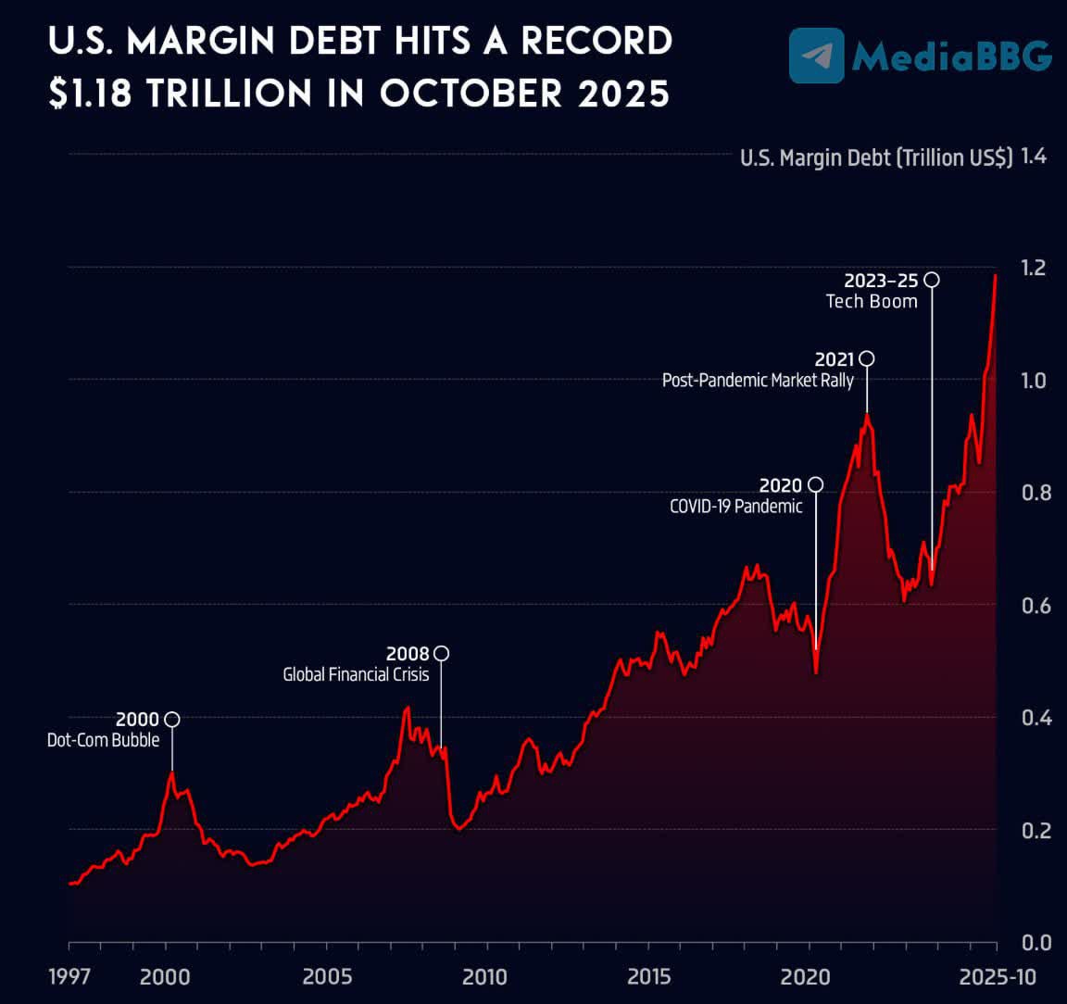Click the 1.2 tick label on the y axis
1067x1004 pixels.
[1034, 268]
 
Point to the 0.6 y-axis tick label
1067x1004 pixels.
[1034, 606]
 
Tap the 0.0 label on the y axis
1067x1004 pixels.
[1034, 943]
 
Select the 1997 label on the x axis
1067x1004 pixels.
[69, 976]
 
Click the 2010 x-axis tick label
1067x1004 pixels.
[484, 976]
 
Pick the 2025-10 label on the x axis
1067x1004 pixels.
[997, 976]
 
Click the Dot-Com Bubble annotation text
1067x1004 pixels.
[104, 740]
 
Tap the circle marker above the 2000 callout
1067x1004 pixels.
[171, 720]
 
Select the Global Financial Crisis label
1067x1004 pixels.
[356, 674]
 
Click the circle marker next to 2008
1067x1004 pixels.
[441, 654]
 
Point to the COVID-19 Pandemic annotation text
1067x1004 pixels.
[736, 506]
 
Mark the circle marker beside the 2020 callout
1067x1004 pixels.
[815, 484]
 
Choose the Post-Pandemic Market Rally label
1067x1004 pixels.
[758, 380]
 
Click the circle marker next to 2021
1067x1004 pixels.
[867, 358]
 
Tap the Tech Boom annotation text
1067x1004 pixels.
[872, 301]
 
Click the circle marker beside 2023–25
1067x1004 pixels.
[932, 280]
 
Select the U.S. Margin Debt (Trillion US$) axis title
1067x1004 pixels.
[876, 157]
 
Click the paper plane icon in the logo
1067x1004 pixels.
[817, 56]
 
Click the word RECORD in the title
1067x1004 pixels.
[596, 41]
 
